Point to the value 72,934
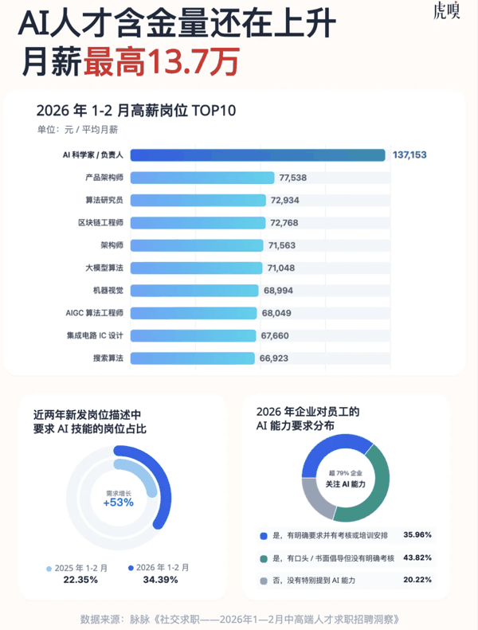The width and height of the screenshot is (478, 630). pyautogui.click(x=285, y=200)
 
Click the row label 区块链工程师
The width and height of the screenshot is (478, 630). pyautogui.click(x=100, y=222)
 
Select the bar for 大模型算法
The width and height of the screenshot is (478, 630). pyautogui.click(x=196, y=268)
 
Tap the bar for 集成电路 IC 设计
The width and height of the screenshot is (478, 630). pyautogui.click(x=193, y=336)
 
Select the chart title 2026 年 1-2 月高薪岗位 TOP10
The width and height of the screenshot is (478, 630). pyautogui.click(x=136, y=111)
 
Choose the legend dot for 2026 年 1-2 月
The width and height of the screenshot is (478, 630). pyautogui.click(x=131, y=568)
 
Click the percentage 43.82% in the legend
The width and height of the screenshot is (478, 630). pyautogui.click(x=421, y=558)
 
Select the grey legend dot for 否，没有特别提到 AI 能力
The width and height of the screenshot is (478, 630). pyautogui.click(x=264, y=581)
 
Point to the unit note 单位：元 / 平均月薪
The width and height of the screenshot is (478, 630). pyautogui.click(x=77, y=130)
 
